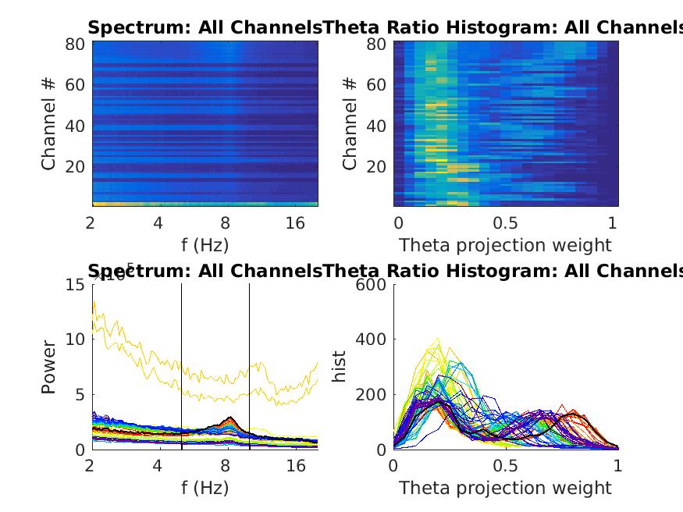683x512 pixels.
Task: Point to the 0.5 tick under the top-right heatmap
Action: tap(505, 223)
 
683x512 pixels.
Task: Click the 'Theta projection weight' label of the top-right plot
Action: tap(505, 245)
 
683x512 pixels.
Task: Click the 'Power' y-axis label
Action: tap(49, 367)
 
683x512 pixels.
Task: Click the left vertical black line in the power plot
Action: tap(181, 367)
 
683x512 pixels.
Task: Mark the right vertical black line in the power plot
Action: tap(249, 367)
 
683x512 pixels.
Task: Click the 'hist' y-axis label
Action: tap(340, 367)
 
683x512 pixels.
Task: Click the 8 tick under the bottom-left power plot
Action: tap(226, 466)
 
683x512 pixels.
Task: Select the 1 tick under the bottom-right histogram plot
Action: tap(618, 466)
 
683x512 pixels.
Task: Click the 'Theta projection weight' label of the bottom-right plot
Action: tap(505, 488)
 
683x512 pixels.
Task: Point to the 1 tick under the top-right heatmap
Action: tap(613, 223)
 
